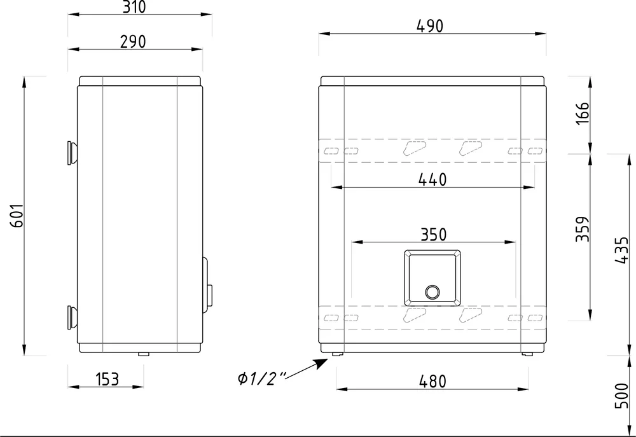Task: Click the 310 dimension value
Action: point(134,7)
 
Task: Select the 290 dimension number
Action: point(133,42)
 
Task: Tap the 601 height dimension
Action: point(17,216)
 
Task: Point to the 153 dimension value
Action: point(107,379)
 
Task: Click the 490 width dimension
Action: point(430,26)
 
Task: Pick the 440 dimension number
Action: point(432,180)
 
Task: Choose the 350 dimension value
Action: point(433,235)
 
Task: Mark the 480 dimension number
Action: point(432,382)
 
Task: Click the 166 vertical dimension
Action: point(583,114)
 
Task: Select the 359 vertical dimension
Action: point(583,229)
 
